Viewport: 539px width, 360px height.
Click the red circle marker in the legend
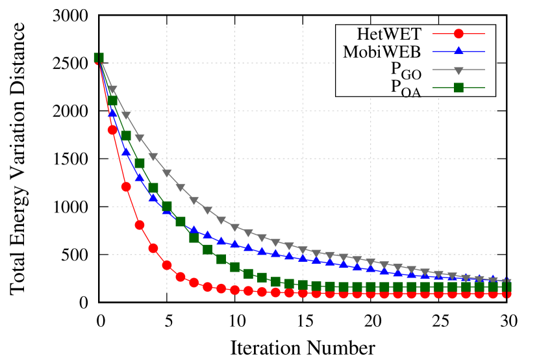458,34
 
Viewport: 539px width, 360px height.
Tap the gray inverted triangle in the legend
458,70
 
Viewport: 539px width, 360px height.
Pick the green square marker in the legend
458,88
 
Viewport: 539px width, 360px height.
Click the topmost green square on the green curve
99,58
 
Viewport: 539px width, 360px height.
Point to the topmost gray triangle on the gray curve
112,90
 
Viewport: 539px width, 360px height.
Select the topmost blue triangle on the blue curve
112,112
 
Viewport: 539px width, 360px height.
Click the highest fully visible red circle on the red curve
112,130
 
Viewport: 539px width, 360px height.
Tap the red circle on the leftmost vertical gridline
167,265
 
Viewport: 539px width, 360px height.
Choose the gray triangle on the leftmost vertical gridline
167,174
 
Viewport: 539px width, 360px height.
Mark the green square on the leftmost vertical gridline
167,206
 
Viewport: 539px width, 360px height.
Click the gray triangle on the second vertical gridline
234,227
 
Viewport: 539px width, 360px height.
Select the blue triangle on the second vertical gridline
234,245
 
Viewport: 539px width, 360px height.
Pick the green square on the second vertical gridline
234,267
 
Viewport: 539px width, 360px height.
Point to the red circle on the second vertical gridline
234,290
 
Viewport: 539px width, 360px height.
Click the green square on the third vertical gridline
303,285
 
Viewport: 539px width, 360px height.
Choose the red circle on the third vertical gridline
303,293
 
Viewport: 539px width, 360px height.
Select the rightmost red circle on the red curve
507,294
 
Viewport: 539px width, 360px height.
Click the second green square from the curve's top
112,101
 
